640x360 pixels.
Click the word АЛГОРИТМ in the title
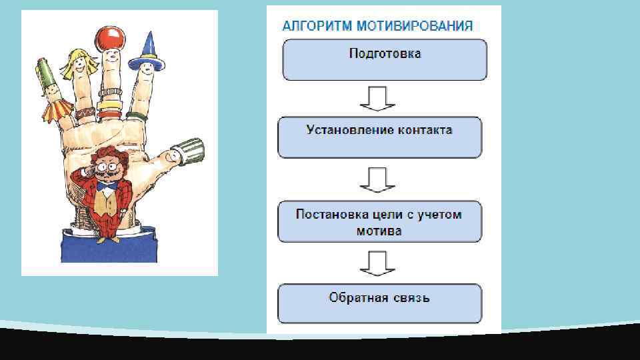point(316,26)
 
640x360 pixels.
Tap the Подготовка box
point(385,59)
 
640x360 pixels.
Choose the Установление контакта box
point(379,137)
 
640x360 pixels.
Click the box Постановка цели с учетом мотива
point(379,221)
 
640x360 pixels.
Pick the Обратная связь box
point(379,303)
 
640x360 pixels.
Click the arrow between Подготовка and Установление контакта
point(378,99)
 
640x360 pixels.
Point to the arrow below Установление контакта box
point(378,179)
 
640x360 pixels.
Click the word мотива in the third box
point(379,231)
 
